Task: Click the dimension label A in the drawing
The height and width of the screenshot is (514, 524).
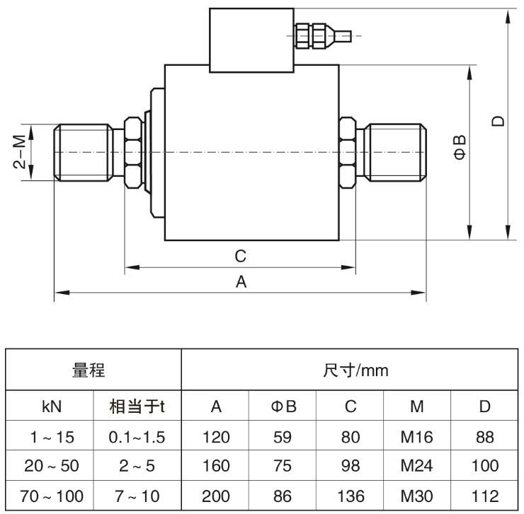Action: tap(241, 281)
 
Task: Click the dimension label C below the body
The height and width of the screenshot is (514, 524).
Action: tap(240, 257)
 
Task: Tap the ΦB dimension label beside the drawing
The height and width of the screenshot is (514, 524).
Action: tap(460, 147)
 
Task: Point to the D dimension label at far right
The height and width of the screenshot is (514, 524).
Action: tap(498, 121)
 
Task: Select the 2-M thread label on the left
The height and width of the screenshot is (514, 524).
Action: tap(20, 151)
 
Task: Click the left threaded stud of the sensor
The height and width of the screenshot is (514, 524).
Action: tap(84, 153)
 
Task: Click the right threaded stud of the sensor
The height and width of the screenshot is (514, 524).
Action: tap(395, 153)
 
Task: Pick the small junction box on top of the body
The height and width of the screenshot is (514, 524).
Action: tap(251, 40)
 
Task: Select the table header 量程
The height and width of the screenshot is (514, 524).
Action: tap(89, 370)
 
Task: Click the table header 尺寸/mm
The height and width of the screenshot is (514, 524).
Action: tap(355, 370)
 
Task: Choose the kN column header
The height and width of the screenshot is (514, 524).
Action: tap(52, 407)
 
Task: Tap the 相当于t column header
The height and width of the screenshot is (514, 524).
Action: tap(137, 407)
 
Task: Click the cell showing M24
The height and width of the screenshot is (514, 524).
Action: tap(417, 466)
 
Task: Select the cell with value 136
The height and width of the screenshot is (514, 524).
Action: tap(351, 496)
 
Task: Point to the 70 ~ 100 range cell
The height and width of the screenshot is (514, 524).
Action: tap(52, 496)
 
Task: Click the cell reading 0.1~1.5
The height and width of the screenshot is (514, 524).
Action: tap(137, 437)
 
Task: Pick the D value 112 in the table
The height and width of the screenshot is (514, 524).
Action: tap(485, 496)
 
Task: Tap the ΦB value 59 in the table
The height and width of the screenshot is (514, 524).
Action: tap(283, 437)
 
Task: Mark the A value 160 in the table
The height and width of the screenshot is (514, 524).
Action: tap(216, 466)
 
